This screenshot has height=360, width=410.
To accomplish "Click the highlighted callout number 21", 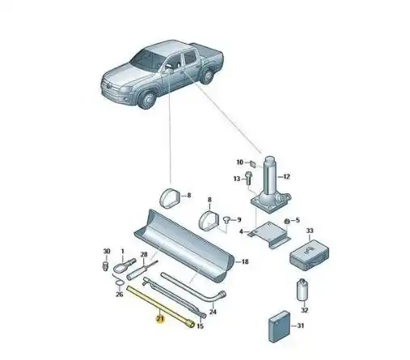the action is tap(160, 319).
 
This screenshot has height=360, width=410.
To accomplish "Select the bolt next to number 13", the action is tap(248, 178).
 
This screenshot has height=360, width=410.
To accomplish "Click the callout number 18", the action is tap(245, 261).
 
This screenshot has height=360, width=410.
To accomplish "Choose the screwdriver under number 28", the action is tap(142, 270).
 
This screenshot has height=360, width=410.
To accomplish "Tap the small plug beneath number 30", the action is tap(106, 265).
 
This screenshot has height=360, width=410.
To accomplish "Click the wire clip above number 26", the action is tap(118, 281).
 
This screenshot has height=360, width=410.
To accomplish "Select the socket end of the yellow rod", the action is tap(190, 324).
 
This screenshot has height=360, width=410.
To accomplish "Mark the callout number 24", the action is tap(213, 312).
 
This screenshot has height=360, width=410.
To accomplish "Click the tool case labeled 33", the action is tap(310, 256).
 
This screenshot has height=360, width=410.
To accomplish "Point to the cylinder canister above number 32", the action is tap(303, 290).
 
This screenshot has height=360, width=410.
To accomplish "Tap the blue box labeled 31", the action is tap(279, 327).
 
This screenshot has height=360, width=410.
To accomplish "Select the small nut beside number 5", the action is tap(287, 222).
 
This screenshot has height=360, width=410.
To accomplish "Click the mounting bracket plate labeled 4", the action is tap(270, 234).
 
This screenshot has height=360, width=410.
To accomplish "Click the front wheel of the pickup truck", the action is tap(147, 100).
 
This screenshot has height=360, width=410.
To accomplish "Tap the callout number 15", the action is tap(200, 326).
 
